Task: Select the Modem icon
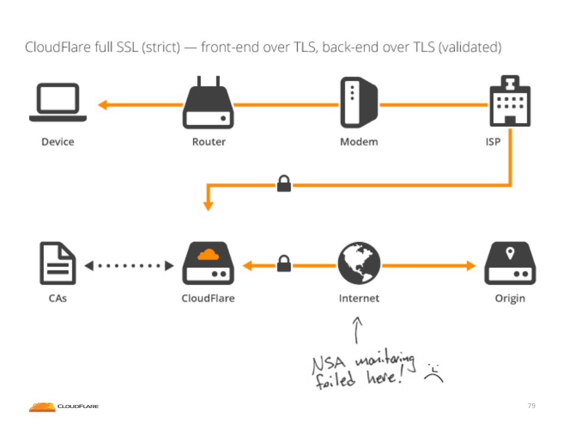click(359, 103)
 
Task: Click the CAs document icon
click(58, 263)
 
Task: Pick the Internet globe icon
click(359, 263)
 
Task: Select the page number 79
click(531, 406)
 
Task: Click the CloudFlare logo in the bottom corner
click(64, 406)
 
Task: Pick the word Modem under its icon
click(359, 142)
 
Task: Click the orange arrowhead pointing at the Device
click(103, 105)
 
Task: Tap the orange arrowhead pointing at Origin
click(471, 266)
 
